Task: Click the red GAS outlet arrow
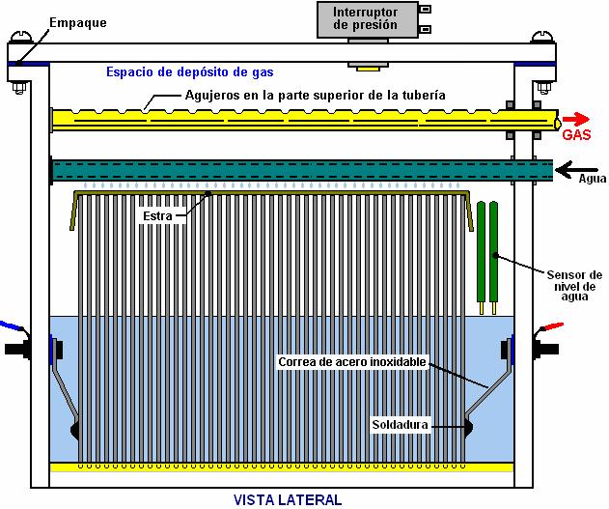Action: (577, 119)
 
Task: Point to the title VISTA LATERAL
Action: (288, 499)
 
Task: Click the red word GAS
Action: (577, 136)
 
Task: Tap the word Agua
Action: (592, 179)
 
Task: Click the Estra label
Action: (157, 216)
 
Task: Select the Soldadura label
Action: (401, 425)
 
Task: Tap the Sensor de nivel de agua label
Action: (572, 284)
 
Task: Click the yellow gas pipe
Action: (290, 120)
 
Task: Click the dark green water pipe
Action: (290, 168)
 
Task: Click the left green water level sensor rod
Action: (481, 251)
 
